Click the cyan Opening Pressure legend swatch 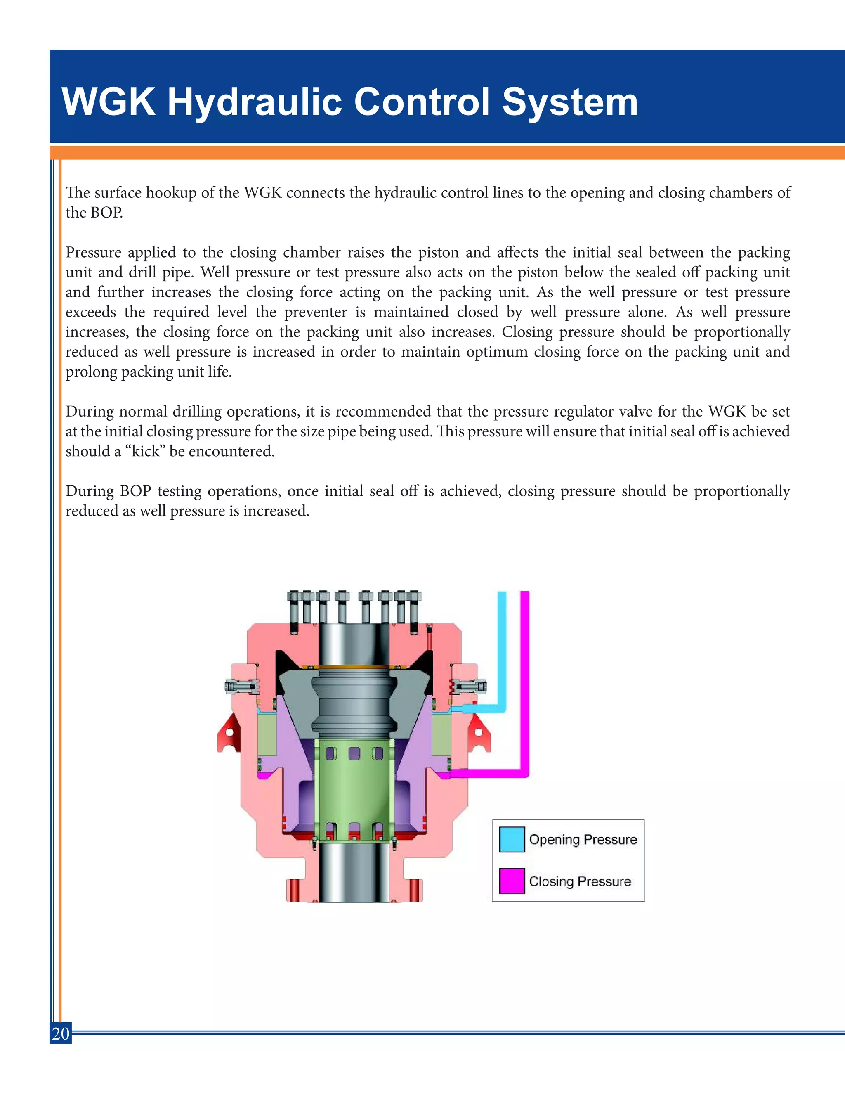click(x=512, y=840)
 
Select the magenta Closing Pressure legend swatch click(x=512, y=881)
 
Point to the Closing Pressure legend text click(x=580, y=881)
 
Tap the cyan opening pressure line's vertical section click(x=502, y=646)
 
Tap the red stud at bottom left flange click(x=293, y=890)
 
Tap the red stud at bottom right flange click(x=415, y=890)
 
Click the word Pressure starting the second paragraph click(x=94, y=253)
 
